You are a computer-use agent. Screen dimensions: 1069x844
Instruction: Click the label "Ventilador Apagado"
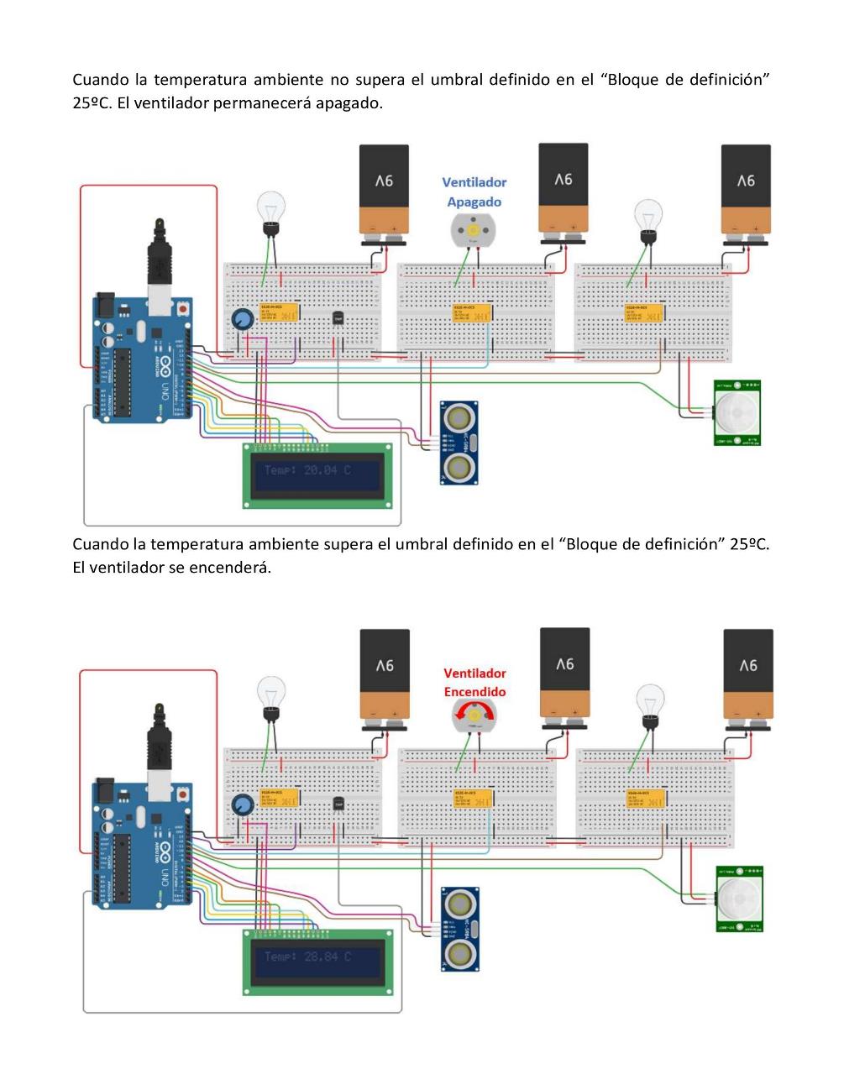(x=474, y=191)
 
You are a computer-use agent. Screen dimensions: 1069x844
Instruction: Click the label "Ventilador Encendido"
(x=474, y=682)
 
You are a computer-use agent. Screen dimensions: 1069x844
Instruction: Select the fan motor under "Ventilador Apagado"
(x=473, y=229)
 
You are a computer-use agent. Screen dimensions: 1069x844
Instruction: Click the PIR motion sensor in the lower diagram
(x=738, y=898)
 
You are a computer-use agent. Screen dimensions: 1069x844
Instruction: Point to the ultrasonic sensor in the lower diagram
(x=459, y=929)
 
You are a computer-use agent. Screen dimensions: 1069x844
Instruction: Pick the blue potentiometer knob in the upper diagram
(x=243, y=319)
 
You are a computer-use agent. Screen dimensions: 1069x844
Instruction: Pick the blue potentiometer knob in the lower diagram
(x=244, y=804)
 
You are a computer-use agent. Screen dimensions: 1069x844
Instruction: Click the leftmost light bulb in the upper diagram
(x=270, y=211)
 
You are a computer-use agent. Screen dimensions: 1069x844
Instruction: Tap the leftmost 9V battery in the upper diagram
(x=384, y=192)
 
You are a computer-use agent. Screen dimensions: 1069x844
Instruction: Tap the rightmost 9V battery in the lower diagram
(x=747, y=677)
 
